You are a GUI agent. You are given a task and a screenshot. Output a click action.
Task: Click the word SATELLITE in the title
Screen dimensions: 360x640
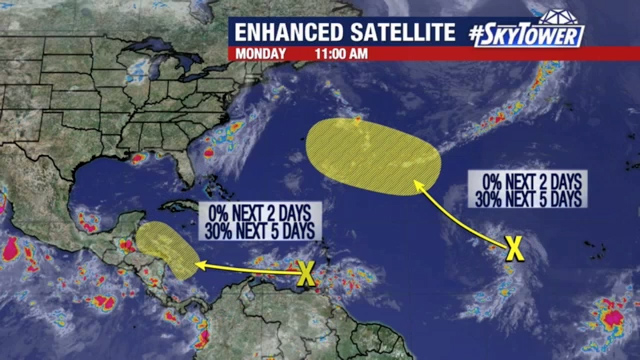coord(404,32)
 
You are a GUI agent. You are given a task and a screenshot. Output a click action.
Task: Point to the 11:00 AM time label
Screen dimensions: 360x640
coord(343,52)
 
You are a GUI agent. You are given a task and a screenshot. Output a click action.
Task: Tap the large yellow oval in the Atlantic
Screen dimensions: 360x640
coord(372,155)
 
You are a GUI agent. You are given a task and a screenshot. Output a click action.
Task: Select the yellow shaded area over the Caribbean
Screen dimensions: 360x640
coord(168,250)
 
